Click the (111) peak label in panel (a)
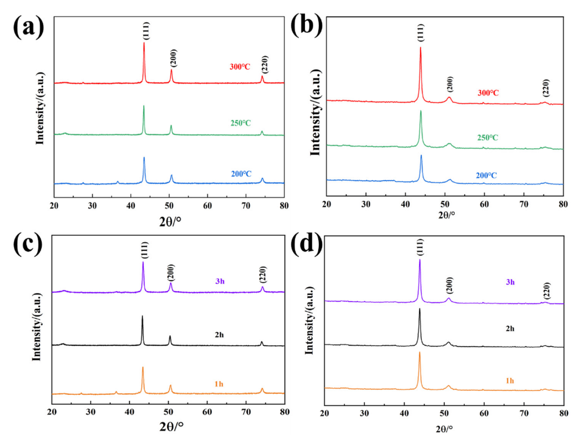click(144, 31)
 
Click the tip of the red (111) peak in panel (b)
click(420, 47)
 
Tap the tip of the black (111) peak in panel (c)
click(142, 316)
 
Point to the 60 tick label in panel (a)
click(207, 205)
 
